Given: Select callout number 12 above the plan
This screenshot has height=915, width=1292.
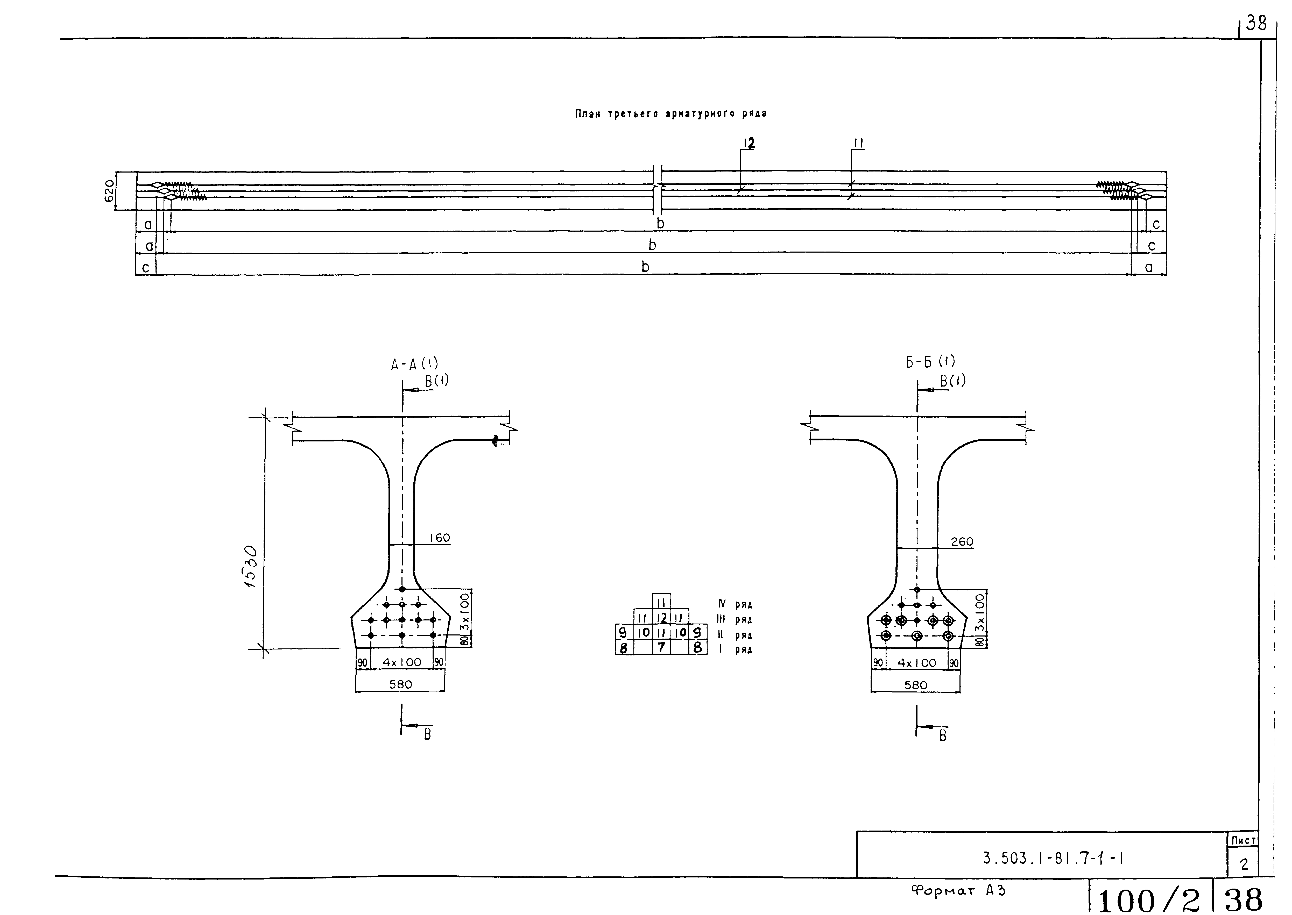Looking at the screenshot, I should pos(749,144).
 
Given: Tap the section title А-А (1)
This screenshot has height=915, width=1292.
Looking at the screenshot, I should pos(414,364).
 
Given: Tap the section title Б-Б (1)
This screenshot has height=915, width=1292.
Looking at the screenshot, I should pos(930,362).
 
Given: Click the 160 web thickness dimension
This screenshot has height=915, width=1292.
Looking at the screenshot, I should pos(440,538).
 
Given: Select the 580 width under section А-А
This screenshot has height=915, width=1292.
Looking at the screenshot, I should pos(400,684).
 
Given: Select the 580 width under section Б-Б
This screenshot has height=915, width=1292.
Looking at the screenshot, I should pos(915,685).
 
